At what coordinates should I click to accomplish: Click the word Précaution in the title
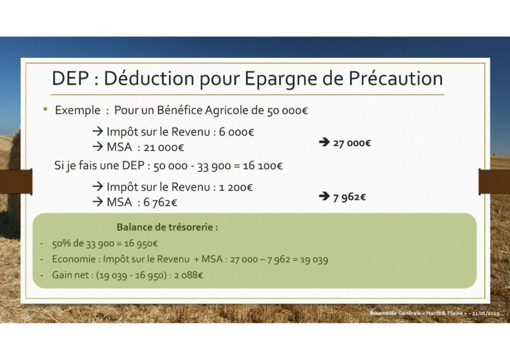[396, 78]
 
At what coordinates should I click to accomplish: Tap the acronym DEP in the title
[70, 78]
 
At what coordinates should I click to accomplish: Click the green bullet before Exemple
[45, 109]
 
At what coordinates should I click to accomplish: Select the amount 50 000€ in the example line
[287, 111]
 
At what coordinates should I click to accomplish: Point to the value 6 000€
[237, 132]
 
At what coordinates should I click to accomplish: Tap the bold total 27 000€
[352, 143]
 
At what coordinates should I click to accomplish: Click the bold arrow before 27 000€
[324, 142]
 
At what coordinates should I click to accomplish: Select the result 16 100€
[263, 166]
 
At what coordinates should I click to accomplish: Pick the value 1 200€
[236, 187]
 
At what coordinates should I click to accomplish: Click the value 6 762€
[160, 203]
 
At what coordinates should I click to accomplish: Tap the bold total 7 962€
[349, 197]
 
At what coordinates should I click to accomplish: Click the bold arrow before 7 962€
[324, 196]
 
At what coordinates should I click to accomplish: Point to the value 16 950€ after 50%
[141, 244]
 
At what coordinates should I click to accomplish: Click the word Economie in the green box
[74, 260]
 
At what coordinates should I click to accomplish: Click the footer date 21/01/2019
[486, 313]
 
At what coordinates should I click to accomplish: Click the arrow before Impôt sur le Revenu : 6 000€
[98, 132]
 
